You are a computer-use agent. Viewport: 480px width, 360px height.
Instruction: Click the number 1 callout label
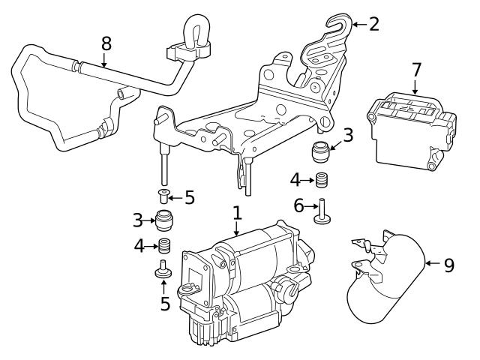point(237,213)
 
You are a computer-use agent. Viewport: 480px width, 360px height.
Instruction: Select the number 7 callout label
point(417,70)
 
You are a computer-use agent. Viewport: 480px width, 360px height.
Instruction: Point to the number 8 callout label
point(106,41)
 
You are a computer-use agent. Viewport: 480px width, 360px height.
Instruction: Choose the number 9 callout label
point(448,265)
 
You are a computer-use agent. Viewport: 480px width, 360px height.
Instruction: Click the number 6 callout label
point(299,205)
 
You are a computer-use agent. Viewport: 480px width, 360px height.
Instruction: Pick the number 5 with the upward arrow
point(165,304)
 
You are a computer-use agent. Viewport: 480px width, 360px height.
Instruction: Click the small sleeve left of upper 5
point(163,198)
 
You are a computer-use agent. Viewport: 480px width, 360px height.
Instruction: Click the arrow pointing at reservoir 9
point(431,263)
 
